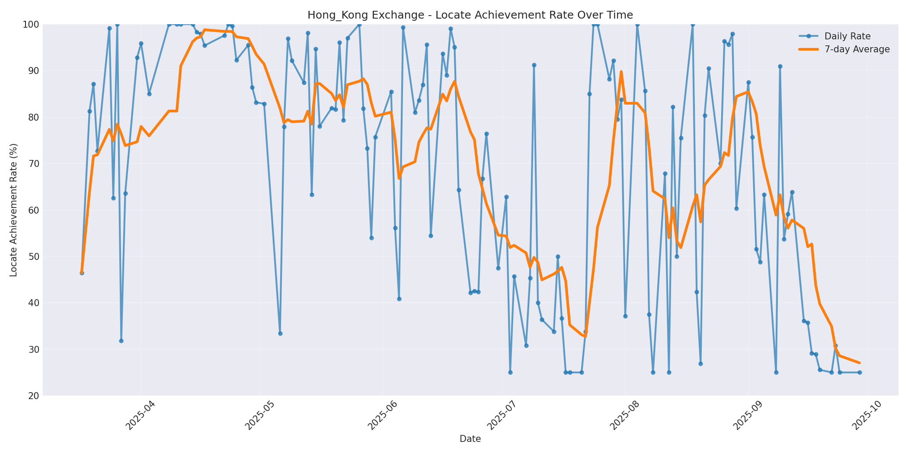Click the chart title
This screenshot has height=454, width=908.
tap(470, 15)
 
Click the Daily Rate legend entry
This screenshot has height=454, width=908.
tap(847, 36)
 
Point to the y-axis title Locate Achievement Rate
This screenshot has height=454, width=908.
tap(13, 210)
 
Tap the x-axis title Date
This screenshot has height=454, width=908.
tap(470, 439)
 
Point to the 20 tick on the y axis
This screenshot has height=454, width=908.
tap(33, 396)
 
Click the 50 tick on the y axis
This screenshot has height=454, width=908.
tap(33, 256)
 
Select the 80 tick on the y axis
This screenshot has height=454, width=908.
tap(33, 117)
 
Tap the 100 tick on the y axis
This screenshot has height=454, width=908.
tap(31, 24)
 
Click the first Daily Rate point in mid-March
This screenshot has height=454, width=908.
tap(82, 273)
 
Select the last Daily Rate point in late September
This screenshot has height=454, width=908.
tap(860, 372)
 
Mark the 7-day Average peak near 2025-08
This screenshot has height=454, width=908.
tap(621, 72)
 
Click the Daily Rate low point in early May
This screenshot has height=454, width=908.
tap(280, 333)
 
